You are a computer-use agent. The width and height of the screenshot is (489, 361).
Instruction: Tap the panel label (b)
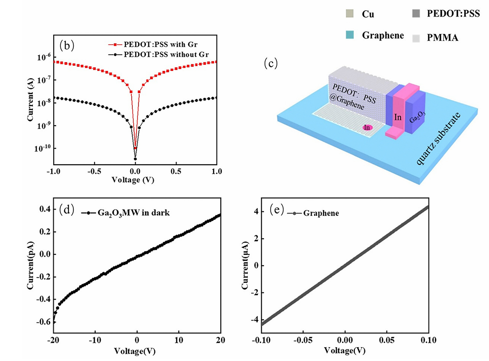tap(67, 45)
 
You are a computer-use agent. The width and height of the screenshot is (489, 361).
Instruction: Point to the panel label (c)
tap(271, 64)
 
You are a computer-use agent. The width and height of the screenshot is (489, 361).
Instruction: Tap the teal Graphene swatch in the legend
tap(350, 35)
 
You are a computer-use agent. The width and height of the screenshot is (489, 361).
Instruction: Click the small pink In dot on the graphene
tap(367, 127)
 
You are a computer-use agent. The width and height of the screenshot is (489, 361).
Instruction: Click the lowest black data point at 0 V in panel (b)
tap(135, 159)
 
